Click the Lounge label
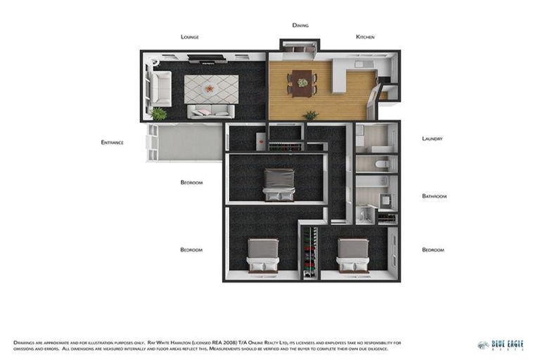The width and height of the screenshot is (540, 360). pos(190,37)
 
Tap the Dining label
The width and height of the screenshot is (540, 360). pos(300,25)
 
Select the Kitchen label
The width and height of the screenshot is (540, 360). pos(365,37)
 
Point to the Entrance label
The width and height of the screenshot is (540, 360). pos(112,142)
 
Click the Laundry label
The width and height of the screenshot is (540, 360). pos(432,139)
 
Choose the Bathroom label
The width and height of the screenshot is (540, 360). pos(434,196)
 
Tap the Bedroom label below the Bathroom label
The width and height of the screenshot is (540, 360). pos(433,250)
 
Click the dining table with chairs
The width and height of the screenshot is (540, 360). pos(302,82)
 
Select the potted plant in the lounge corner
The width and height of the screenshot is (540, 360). pos(160,113)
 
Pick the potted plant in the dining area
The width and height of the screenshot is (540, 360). pos(310,115)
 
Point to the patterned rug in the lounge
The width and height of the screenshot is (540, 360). pos(211,89)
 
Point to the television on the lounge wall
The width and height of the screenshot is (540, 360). pos(207,62)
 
